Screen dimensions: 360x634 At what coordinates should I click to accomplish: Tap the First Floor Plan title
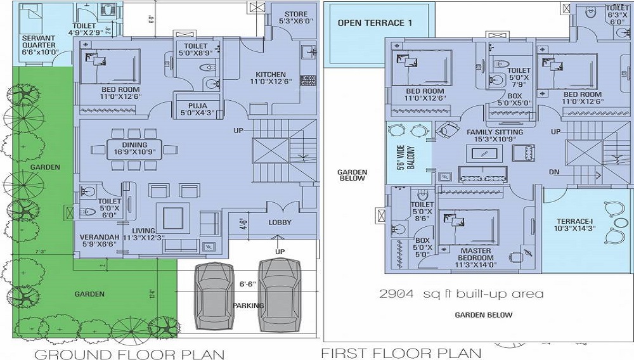[x=401, y=352]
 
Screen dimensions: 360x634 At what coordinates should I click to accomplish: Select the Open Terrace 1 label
[x=375, y=23]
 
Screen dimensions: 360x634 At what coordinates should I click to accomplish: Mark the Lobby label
[x=280, y=222]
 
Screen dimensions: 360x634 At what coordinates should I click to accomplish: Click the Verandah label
[x=94, y=239]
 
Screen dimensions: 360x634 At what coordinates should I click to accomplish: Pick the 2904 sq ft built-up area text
[x=461, y=294]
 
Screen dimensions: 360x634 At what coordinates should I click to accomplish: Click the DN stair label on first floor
[x=555, y=172]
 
